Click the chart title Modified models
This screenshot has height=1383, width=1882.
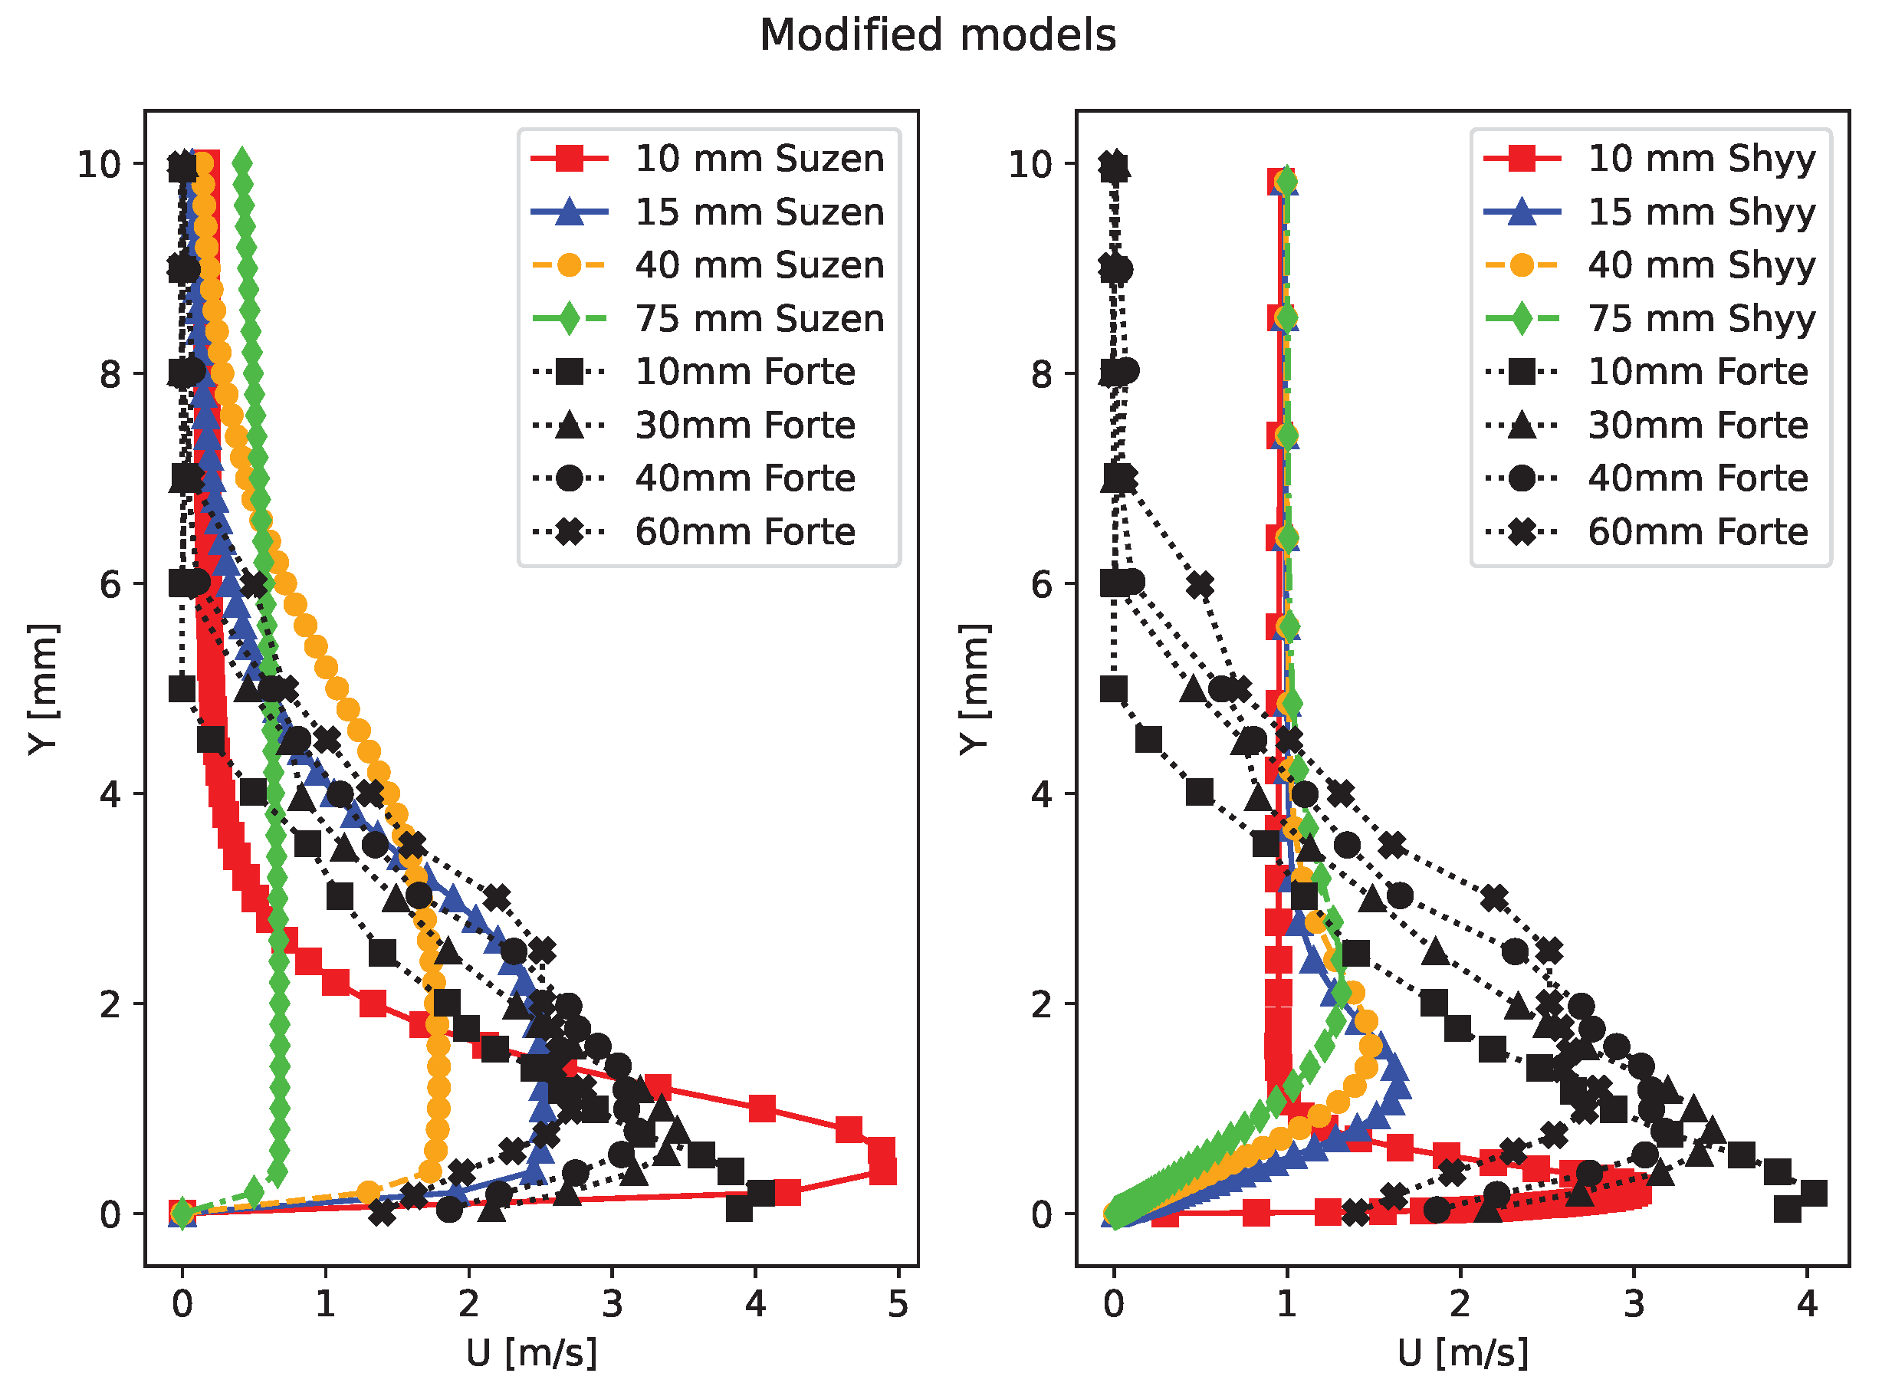coord(938,36)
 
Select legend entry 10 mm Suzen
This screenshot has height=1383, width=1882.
coord(758,158)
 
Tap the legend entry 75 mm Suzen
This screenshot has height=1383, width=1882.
coord(758,318)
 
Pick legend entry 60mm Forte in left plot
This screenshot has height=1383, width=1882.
coord(744,531)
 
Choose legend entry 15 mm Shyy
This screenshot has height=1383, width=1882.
coord(1701,212)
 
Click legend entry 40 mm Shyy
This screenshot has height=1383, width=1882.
coord(1701,265)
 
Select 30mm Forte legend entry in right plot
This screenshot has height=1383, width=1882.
coord(1697,425)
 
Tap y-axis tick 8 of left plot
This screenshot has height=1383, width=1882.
coord(110,374)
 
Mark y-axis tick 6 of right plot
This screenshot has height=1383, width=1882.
coord(1042,584)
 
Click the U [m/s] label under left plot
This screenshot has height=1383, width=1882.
coord(531,1353)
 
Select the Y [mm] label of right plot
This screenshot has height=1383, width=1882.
coord(974,689)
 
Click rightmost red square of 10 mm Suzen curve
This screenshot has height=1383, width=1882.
coord(882,1171)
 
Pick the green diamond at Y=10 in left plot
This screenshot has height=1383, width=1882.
coord(242,164)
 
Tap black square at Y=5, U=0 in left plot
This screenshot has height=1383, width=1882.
coord(182,689)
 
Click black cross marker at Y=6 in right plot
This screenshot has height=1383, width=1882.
coord(1200,585)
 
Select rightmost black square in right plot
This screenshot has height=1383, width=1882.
coord(1812,1193)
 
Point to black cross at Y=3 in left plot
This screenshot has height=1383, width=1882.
coord(498,898)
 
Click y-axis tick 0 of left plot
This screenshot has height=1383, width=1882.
coord(110,1214)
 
